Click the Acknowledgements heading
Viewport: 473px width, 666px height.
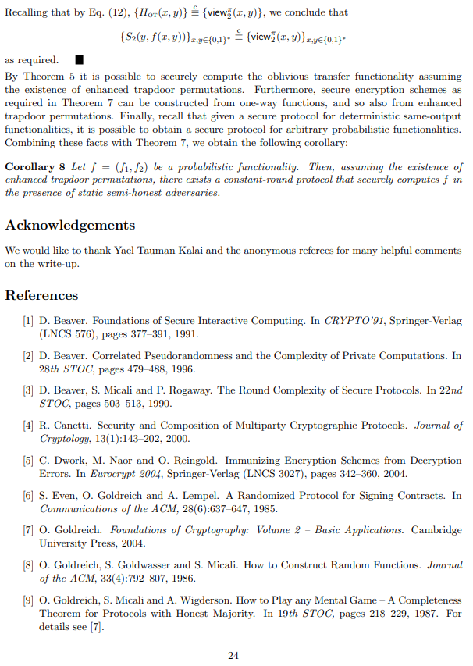70,226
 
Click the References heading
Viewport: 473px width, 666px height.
42,295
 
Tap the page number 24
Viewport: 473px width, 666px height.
233,655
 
